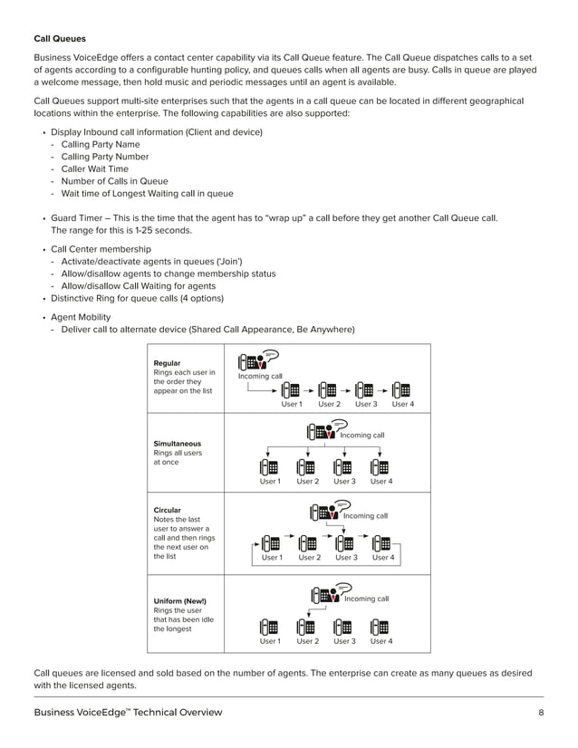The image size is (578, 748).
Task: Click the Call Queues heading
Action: [60, 39]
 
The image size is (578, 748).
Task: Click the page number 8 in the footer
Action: [540, 713]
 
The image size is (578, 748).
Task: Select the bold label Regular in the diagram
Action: [168, 363]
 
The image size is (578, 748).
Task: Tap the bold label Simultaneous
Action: [178, 444]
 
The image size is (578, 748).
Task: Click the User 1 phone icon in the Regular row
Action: [292, 390]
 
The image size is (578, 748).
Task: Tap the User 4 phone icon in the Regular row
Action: [402, 390]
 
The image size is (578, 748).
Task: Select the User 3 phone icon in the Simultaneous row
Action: [343, 468]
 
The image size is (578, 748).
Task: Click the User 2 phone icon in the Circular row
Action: [308, 544]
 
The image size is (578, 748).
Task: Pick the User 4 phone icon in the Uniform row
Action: [381, 627]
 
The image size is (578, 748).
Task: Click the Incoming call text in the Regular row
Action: [260, 376]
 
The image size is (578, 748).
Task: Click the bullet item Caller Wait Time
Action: [94, 168]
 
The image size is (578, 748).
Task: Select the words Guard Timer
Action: [75, 218]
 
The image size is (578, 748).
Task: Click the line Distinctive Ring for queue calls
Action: [137, 298]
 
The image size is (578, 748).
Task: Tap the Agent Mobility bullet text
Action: [81, 317]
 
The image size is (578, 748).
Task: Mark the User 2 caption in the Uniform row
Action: [308, 641]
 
